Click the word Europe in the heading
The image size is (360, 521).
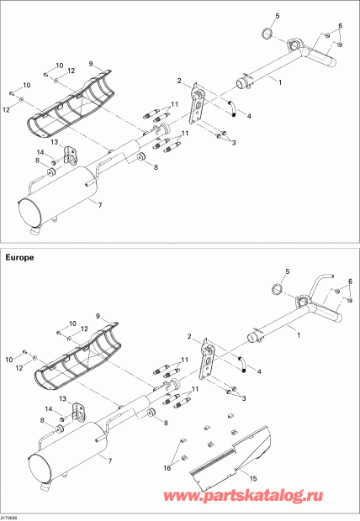tap(19, 257)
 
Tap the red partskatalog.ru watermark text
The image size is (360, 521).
tap(243, 496)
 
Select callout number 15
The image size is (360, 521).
tap(253, 478)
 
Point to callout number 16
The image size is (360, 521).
tap(167, 468)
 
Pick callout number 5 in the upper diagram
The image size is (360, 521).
tap(278, 16)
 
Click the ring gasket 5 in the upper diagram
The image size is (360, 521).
tap(267, 33)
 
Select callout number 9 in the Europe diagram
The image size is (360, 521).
tap(98, 316)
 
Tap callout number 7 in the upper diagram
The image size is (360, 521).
tap(100, 205)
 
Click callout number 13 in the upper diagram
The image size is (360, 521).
tap(55, 142)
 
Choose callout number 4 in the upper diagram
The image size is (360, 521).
tap(249, 116)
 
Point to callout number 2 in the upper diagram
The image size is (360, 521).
tap(179, 81)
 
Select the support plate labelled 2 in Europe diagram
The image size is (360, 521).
tap(206, 360)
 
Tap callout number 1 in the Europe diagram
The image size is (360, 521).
tap(299, 335)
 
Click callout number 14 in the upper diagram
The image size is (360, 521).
tap(40, 152)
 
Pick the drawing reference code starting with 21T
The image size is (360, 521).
tap(9, 518)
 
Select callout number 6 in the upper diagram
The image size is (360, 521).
tap(341, 25)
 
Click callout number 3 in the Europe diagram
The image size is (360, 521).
tap(244, 397)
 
